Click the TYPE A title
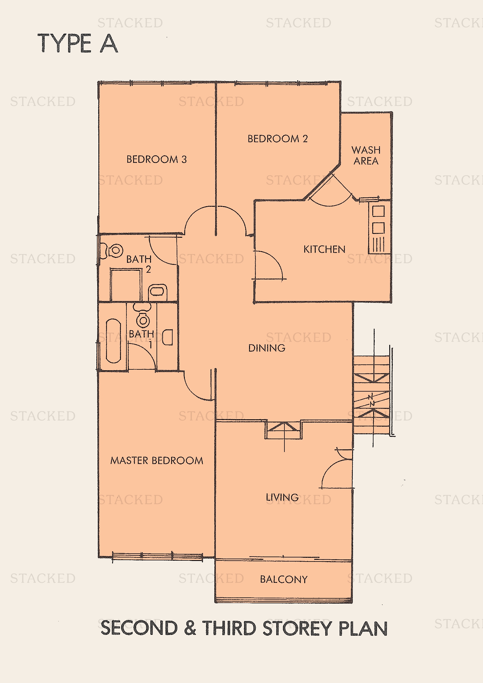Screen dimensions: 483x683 click(78, 44)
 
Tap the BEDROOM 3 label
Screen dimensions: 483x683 click(157, 159)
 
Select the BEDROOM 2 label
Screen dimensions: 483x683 click(277, 139)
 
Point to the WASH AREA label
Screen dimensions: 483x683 click(366, 155)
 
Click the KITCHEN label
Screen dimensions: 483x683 click(324, 249)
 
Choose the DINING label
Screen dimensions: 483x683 click(267, 348)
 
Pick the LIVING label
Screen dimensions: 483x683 click(282, 497)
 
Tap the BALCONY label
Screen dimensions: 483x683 click(284, 579)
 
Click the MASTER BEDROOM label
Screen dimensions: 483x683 click(157, 460)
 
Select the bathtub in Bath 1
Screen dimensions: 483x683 click(113, 341)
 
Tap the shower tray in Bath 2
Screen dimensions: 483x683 click(126, 285)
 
